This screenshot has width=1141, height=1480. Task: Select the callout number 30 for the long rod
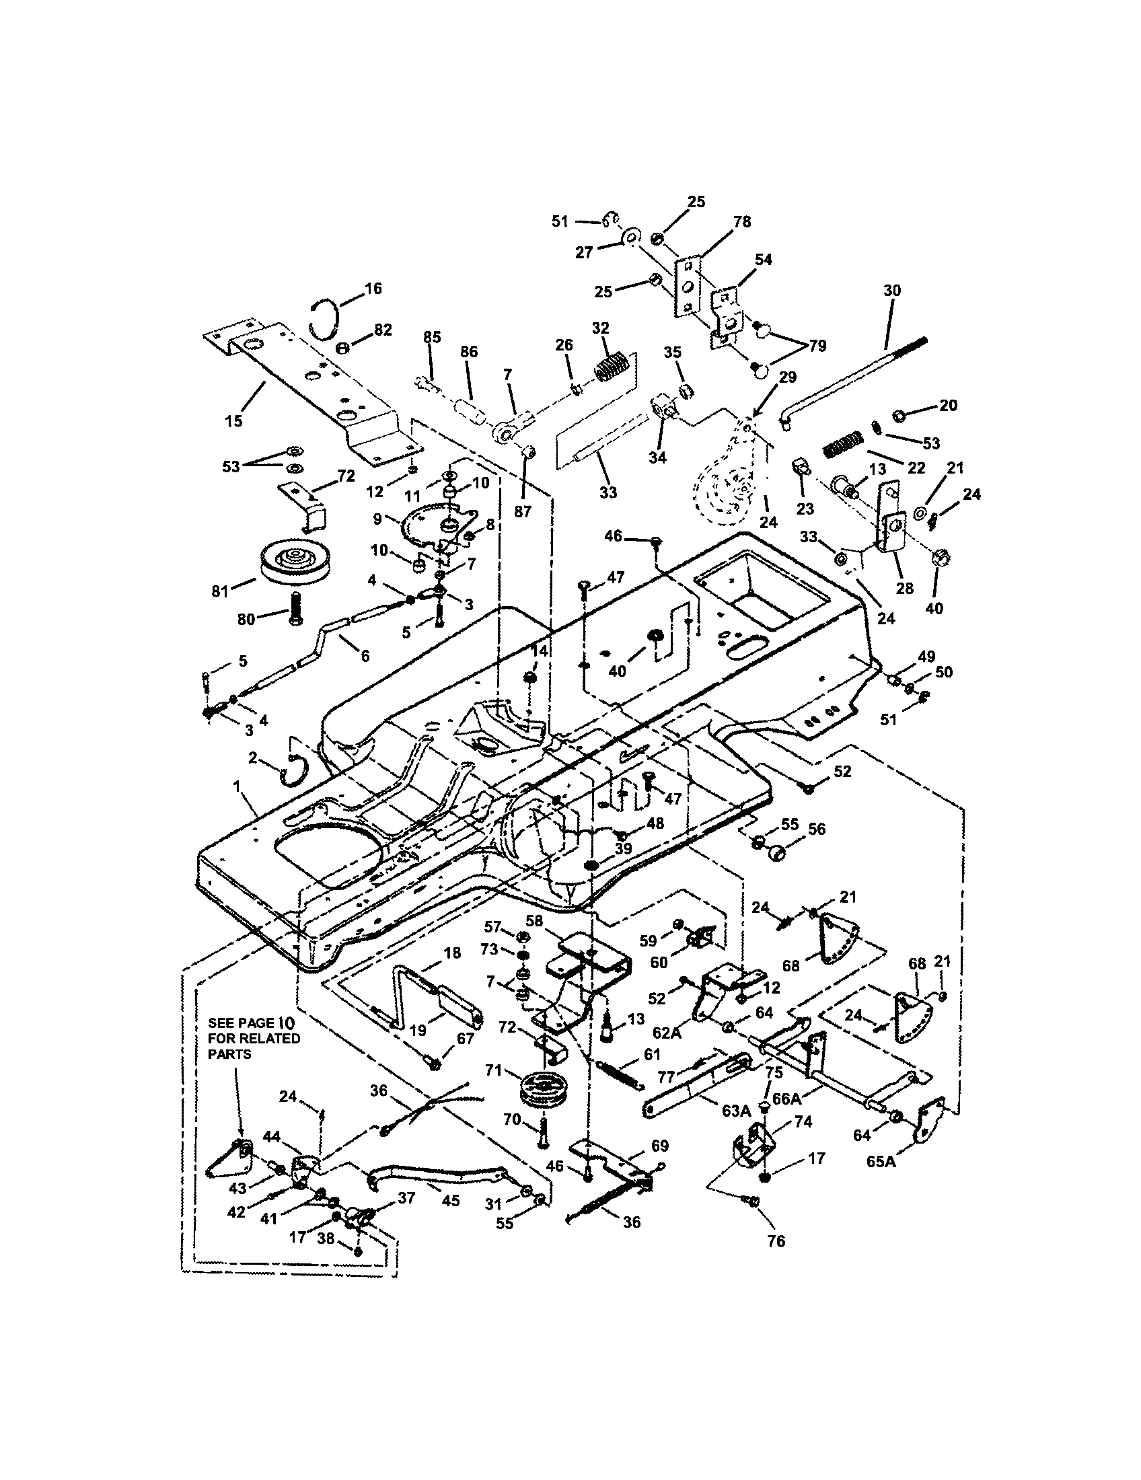[x=891, y=291]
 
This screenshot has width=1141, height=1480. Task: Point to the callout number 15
[x=233, y=421]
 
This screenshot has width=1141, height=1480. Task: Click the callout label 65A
[x=881, y=1162]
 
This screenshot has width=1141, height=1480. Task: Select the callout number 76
[x=776, y=1241]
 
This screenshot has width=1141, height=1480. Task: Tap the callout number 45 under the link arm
[x=450, y=1200]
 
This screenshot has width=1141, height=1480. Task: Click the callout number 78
[x=742, y=221]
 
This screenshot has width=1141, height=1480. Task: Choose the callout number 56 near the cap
[x=817, y=829]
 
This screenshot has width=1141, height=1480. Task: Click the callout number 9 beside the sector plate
[x=377, y=519]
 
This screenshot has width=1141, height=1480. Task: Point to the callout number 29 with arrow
[x=787, y=377]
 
